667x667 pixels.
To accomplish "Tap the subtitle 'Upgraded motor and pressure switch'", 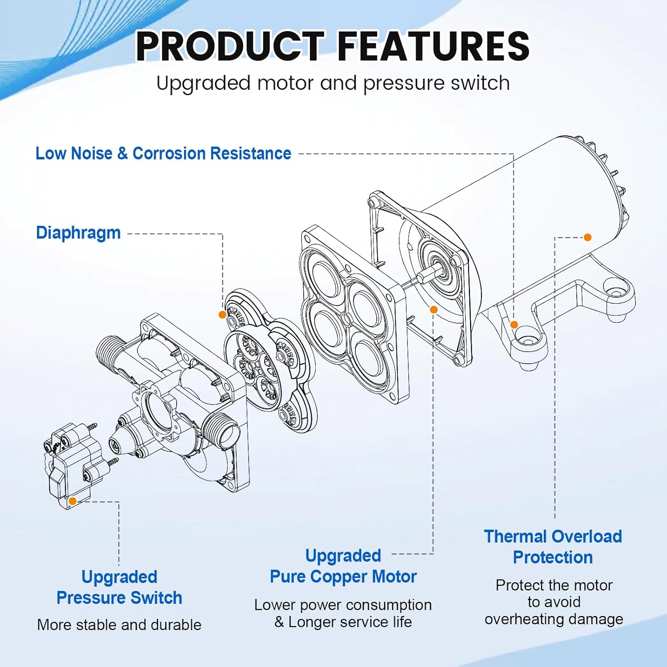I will point(333,83).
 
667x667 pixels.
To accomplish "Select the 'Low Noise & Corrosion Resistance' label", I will point(163,153).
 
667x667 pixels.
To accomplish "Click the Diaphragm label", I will point(78,233).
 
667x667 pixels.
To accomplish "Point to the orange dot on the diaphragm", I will point(222,314).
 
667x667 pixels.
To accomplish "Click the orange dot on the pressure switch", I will point(73,501).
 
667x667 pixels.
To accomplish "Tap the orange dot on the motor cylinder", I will point(587,237).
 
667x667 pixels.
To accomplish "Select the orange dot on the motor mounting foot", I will point(514,325).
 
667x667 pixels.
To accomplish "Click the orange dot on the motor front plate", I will point(434,309).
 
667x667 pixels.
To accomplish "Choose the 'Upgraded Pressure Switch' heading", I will point(119,587).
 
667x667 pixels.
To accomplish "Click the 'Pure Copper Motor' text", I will point(343,576).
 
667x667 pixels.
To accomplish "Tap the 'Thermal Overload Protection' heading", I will point(553,546).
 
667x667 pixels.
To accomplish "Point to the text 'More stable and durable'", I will point(119,625).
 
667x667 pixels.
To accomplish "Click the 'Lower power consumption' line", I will point(343,605).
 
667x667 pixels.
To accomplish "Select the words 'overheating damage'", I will point(554,619).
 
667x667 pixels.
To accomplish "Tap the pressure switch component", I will point(71,462).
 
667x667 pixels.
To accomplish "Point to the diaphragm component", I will point(267,360).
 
